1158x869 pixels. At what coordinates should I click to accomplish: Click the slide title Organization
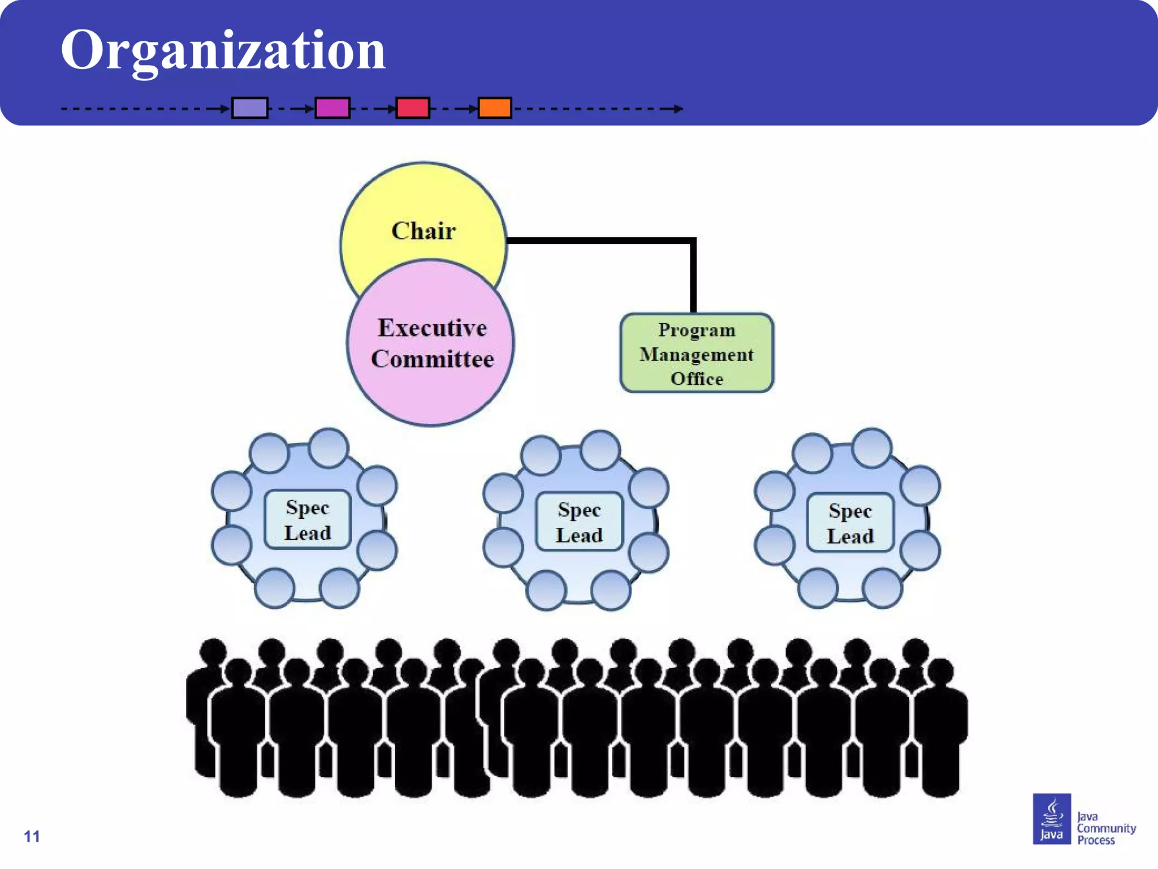pyautogui.click(x=223, y=51)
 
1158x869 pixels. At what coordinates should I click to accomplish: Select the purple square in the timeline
pyautogui.click(x=250, y=107)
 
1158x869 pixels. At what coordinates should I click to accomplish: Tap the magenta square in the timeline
pyautogui.click(x=332, y=107)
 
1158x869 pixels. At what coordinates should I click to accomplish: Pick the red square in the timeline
pyautogui.click(x=413, y=107)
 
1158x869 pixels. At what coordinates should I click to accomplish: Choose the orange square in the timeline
pyautogui.click(x=495, y=107)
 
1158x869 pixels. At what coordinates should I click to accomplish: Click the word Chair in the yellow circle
pyautogui.click(x=424, y=231)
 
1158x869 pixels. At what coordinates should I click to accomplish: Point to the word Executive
pyautogui.click(x=433, y=328)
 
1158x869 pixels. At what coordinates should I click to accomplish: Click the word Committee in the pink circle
pyautogui.click(x=433, y=359)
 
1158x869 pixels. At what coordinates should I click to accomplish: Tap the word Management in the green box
pyautogui.click(x=697, y=355)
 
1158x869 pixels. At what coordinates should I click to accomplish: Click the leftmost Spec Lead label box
pyautogui.click(x=308, y=519)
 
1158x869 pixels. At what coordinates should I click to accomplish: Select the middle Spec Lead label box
pyautogui.click(x=579, y=522)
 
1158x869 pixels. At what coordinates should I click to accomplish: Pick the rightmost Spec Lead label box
pyautogui.click(x=850, y=523)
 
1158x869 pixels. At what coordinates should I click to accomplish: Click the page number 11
pyautogui.click(x=32, y=836)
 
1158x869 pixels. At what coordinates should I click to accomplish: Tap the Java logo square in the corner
pyautogui.click(x=1052, y=819)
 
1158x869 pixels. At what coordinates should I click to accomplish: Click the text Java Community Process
pyautogui.click(x=1105, y=828)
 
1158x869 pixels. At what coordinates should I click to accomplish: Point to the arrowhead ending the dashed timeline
pyautogui.click(x=679, y=109)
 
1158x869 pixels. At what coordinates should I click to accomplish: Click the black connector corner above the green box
pyautogui.click(x=693, y=241)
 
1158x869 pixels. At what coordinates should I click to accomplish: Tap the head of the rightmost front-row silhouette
pyautogui.click(x=940, y=672)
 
